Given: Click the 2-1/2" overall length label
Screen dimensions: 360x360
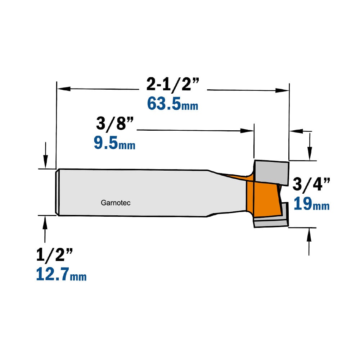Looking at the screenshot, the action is pyautogui.click(x=173, y=84).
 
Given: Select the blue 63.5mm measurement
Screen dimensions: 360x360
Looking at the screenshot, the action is pyautogui.click(x=172, y=104).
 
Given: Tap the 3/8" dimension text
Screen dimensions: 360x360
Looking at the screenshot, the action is pyautogui.click(x=114, y=123).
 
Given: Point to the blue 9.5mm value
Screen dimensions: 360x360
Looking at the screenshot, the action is pyautogui.click(x=114, y=143).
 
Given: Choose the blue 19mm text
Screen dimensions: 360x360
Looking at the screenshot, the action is pyautogui.click(x=311, y=204).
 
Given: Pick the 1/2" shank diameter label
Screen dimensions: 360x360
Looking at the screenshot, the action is pyautogui.click(x=54, y=255).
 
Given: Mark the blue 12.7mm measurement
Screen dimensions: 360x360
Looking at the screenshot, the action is pyautogui.click(x=61, y=275).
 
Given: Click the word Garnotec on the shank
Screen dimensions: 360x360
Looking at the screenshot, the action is pyautogui.click(x=116, y=203).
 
